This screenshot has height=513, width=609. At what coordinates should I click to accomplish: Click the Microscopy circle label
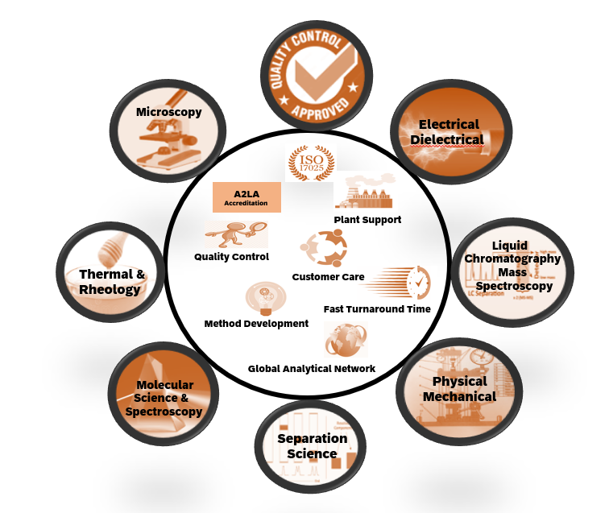[168, 112]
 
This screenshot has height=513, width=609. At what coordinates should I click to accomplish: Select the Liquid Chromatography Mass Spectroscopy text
[514, 266]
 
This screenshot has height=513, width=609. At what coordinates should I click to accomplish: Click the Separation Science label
[312, 446]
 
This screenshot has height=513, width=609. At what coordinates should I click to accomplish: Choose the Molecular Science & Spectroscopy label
[164, 398]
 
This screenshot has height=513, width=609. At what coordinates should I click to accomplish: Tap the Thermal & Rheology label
[111, 282]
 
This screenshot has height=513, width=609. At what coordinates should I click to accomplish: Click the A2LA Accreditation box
[246, 197]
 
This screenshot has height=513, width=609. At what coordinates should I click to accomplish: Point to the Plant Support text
[367, 219]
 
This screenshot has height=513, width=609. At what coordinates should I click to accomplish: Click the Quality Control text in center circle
[231, 257]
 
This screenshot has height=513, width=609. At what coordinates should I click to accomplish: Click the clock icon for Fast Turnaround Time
[418, 283]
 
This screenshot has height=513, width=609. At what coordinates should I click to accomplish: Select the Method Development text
[256, 323]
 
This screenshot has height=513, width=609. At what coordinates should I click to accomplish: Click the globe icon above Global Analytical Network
[346, 340]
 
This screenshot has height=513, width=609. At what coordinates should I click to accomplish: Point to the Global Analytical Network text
[311, 369]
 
